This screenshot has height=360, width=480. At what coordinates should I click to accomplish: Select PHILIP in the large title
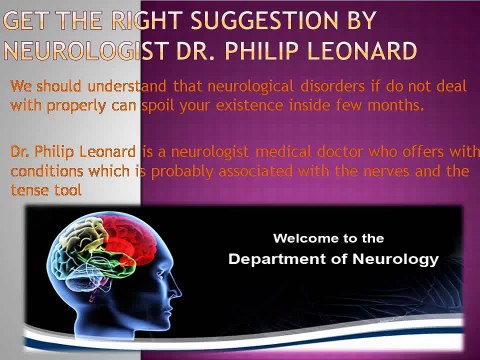[x=262, y=51]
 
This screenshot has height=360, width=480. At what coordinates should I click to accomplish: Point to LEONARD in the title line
[x=362, y=51]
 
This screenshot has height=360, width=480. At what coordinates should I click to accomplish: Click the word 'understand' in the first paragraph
[x=127, y=86]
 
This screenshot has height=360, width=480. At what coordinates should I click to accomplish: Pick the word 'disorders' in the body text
[x=333, y=86]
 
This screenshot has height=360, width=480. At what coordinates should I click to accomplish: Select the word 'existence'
[x=250, y=106]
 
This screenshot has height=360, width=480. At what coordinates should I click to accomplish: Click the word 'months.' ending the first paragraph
[x=396, y=106]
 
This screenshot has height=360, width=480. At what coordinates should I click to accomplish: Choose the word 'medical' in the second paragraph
[x=283, y=152]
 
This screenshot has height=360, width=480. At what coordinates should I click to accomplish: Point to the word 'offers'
[x=423, y=152]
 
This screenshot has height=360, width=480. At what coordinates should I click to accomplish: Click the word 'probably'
[x=182, y=172]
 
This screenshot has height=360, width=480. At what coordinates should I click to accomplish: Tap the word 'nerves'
[x=386, y=171]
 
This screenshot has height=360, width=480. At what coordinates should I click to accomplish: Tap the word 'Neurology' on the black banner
[x=396, y=260]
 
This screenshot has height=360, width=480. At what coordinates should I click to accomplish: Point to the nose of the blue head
[x=177, y=291]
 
